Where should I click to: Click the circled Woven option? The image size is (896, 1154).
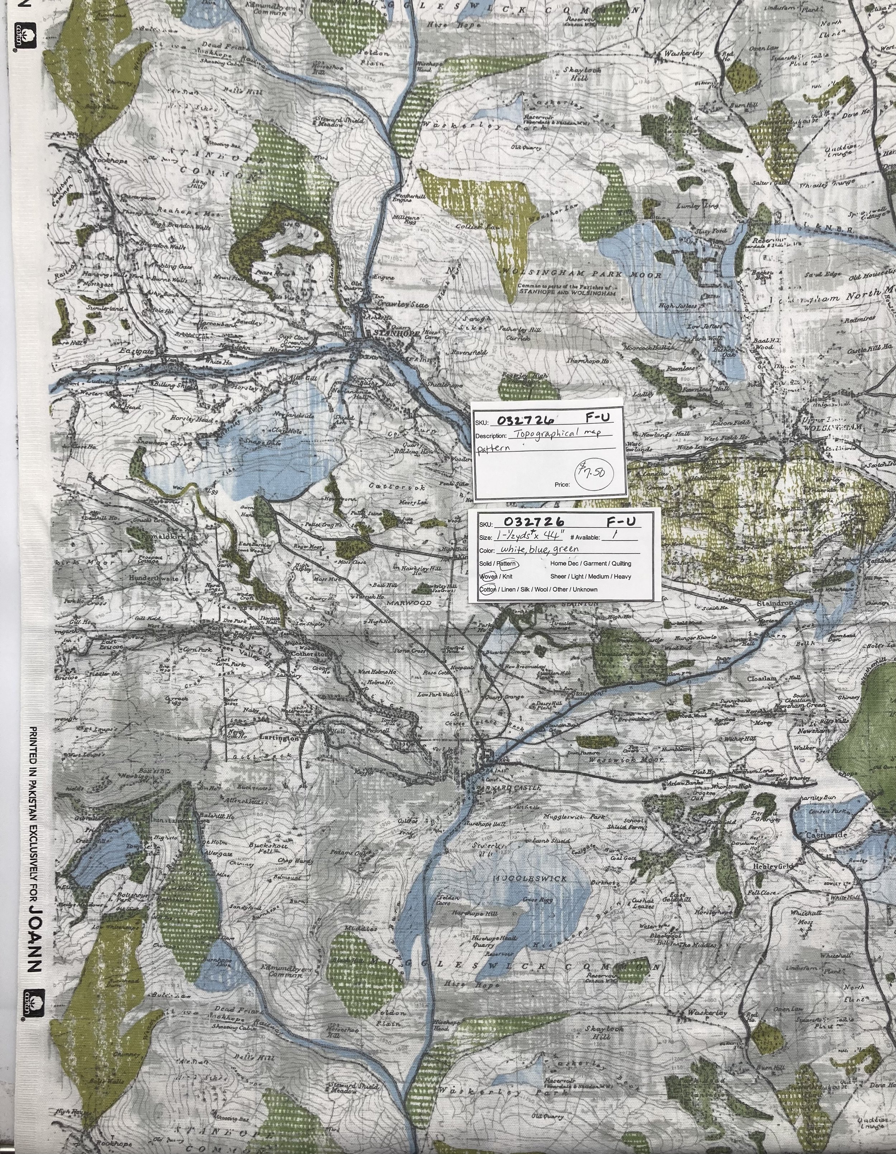click(x=488, y=576)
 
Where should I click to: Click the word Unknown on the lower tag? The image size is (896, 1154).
click(x=584, y=590)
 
